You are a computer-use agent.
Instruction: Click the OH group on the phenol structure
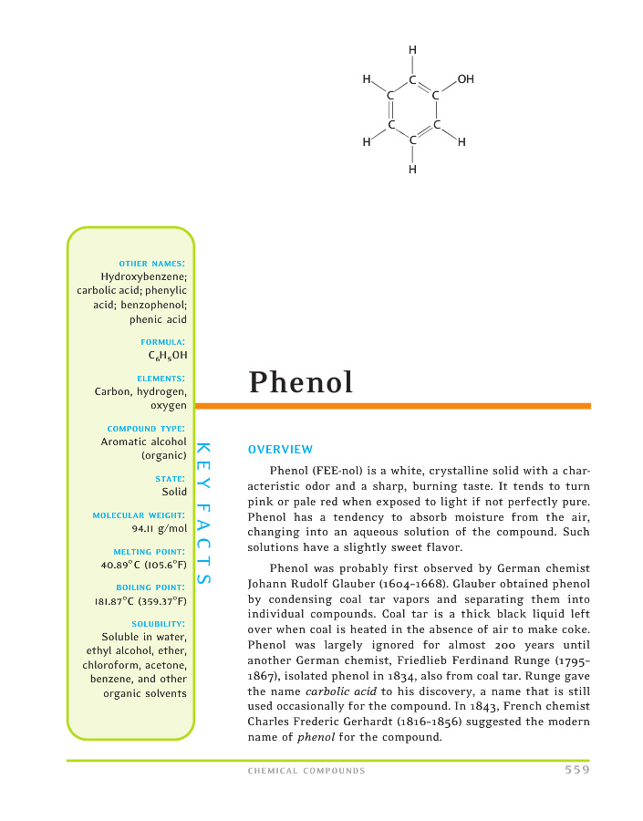465,80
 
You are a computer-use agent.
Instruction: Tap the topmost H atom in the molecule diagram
413,49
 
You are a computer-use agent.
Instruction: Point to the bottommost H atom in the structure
413,169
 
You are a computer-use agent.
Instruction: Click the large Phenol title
301,382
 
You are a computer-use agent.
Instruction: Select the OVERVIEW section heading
280,450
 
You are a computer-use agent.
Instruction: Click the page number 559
576,770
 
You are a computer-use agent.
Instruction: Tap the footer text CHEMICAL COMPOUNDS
306,771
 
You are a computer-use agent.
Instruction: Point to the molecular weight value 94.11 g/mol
160,527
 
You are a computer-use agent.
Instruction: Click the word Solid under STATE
174,491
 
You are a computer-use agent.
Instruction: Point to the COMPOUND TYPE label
147,428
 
